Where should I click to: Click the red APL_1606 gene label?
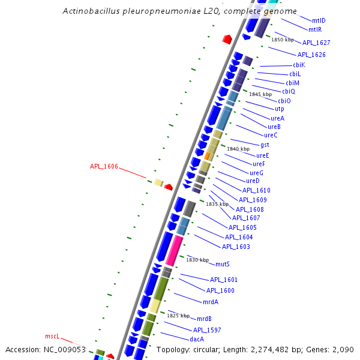coord(104,166)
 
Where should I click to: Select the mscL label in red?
coord(53,336)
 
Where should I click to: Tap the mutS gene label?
coord(223,264)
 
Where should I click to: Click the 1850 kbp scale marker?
coord(283,40)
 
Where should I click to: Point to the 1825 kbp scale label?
coord(178,316)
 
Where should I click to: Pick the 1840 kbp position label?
coord(238,149)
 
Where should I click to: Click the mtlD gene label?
coord(319,20)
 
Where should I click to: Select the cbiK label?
coord(299,65)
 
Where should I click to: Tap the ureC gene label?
coord(271,135)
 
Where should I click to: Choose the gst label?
coord(265,145)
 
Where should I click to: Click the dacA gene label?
coord(197,339)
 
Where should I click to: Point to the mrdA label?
coord(210,302)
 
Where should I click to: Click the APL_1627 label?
coord(316,43)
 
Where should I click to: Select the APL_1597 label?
coord(207,330)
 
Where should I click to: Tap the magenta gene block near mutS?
coord(174,251)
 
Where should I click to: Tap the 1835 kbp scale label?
coord(217,204)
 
